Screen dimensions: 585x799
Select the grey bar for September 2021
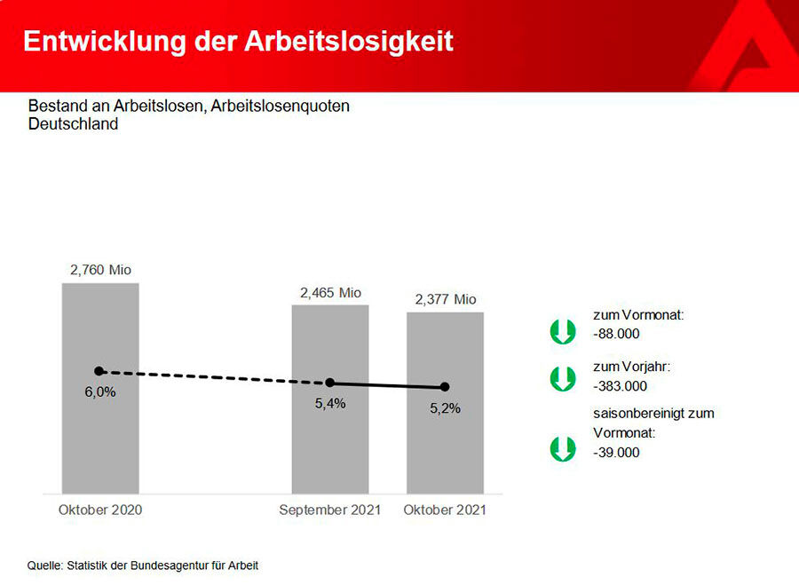(x=330, y=444)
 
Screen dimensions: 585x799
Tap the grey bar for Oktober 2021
(x=445, y=448)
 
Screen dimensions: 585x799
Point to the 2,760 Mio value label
(x=100, y=270)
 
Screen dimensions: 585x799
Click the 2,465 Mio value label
(x=330, y=293)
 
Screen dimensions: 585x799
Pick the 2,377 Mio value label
(x=446, y=299)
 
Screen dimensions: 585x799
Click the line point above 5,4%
(x=330, y=383)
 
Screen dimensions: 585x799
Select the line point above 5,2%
(x=445, y=387)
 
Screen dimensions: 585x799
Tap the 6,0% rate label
(x=100, y=391)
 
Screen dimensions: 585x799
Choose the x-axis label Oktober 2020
(x=100, y=510)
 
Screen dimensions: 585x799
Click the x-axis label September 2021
(x=329, y=510)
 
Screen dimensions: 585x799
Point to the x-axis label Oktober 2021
(x=445, y=510)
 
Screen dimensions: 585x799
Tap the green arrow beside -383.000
(x=563, y=379)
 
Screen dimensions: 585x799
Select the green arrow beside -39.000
(x=563, y=448)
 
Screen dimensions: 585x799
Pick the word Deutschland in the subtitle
(x=73, y=124)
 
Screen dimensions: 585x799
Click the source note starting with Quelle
(x=143, y=565)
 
